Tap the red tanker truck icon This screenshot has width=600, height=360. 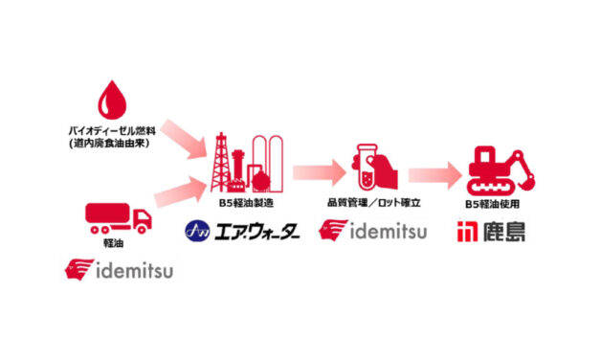[116, 219]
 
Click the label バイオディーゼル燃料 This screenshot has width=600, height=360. [120, 132]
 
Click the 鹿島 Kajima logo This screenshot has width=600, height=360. [491, 231]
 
